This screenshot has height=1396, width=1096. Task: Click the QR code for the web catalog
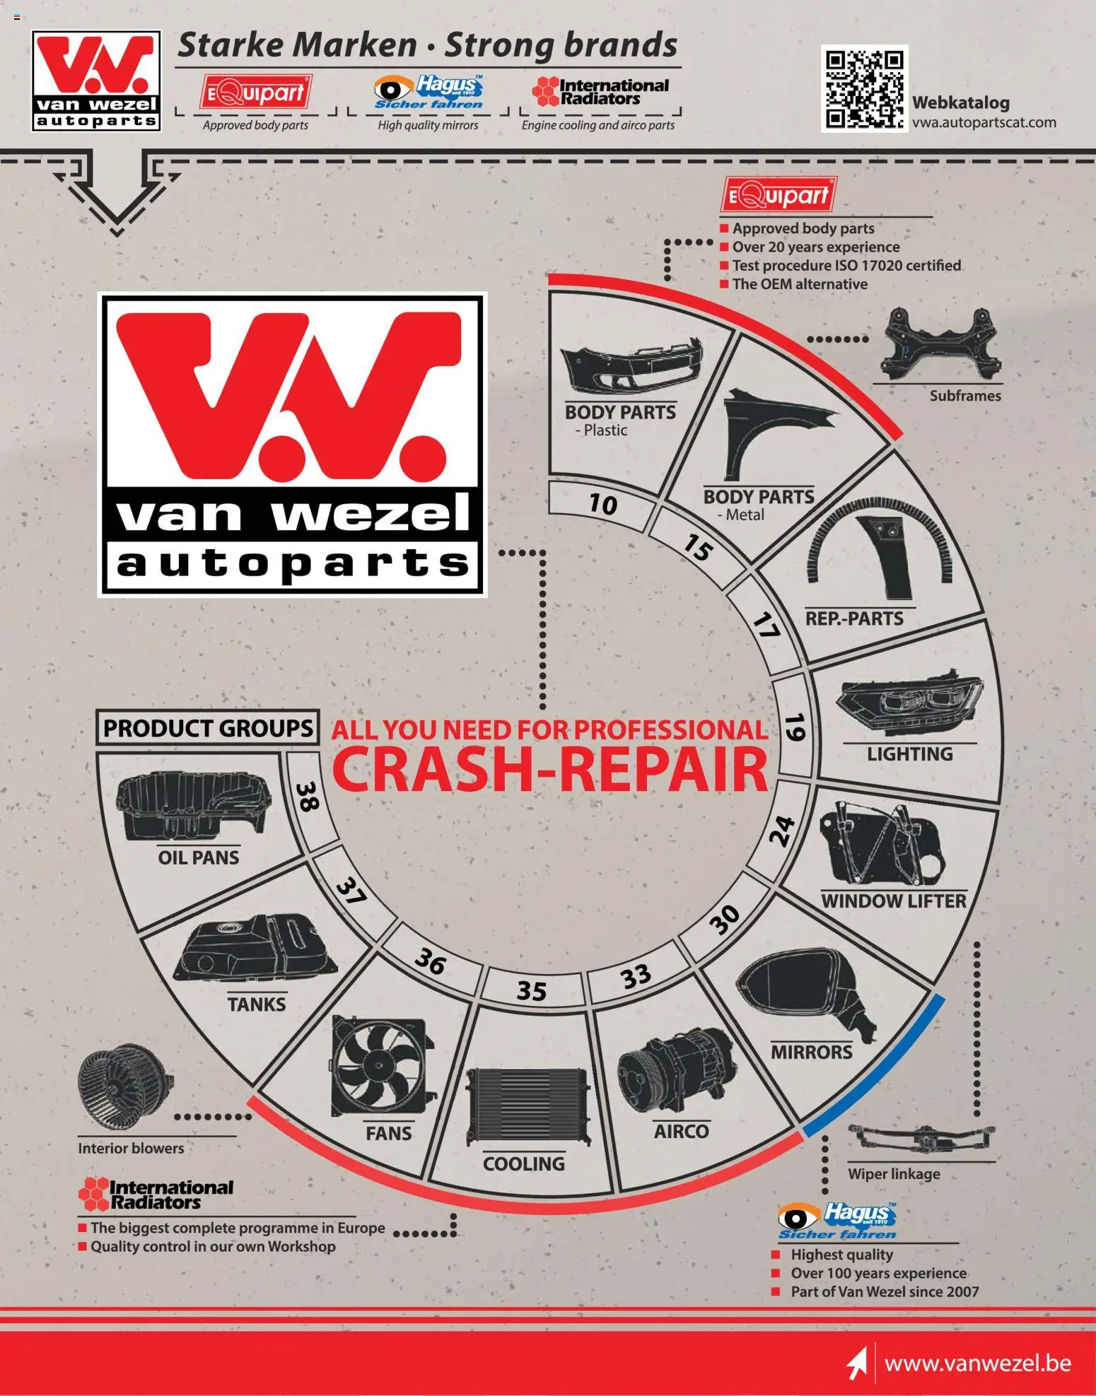(x=864, y=88)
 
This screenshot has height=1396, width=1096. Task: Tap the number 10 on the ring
(x=603, y=504)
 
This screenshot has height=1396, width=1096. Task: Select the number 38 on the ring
(x=308, y=796)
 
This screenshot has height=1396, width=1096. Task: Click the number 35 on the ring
(x=532, y=990)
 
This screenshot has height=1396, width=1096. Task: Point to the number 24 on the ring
(x=782, y=831)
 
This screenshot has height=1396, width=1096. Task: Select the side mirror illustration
(x=806, y=994)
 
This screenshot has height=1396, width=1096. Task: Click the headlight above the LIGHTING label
(x=909, y=707)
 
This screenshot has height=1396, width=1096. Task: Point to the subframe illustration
(x=940, y=344)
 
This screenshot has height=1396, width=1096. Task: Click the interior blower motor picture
(x=124, y=1085)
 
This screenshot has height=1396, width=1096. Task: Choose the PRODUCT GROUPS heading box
(x=207, y=728)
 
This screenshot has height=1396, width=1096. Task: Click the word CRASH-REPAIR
(x=550, y=769)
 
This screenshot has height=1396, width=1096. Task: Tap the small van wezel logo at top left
(x=96, y=81)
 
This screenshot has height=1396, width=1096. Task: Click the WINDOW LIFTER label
(x=894, y=901)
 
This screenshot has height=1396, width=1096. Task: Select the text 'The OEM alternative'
(x=800, y=284)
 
